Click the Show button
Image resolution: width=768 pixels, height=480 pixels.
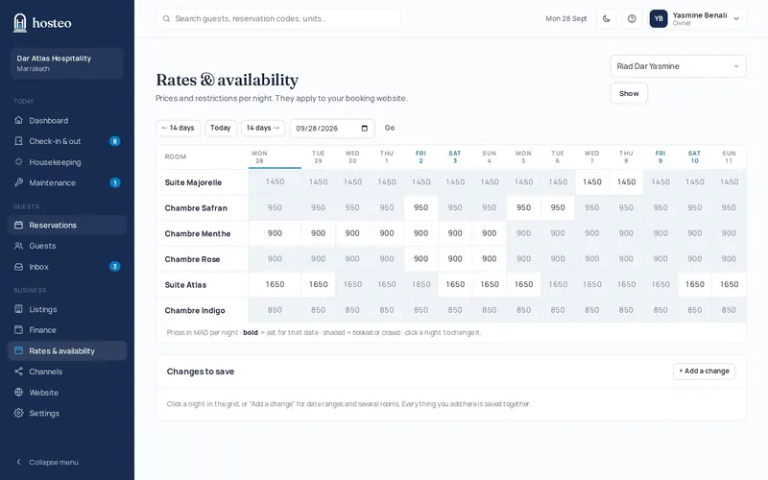(629, 93)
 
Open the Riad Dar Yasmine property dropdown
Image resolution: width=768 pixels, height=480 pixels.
(678, 66)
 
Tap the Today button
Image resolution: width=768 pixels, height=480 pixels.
(221, 128)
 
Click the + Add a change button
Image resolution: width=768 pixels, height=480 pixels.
(704, 372)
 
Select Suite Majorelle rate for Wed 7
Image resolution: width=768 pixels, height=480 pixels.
(591, 182)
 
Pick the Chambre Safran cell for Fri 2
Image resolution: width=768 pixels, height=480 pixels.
(420, 207)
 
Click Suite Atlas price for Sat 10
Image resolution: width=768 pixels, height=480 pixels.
(694, 284)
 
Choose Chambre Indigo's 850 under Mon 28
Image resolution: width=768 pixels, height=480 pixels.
(275, 310)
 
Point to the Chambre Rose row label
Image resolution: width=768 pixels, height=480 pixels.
(192, 259)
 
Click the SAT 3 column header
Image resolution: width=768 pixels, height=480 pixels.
(455, 156)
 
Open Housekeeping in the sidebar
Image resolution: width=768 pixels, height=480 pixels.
(55, 162)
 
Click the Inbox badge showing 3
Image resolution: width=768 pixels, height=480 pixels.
(114, 267)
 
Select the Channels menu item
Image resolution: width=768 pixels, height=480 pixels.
(45, 372)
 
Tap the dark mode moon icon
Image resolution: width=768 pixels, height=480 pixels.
(607, 18)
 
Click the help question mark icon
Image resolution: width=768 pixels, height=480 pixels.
(632, 18)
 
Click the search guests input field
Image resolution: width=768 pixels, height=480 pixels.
(278, 18)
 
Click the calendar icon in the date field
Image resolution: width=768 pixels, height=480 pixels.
(365, 129)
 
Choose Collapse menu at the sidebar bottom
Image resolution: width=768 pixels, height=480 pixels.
(48, 463)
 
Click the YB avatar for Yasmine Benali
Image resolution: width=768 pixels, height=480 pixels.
(659, 18)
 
